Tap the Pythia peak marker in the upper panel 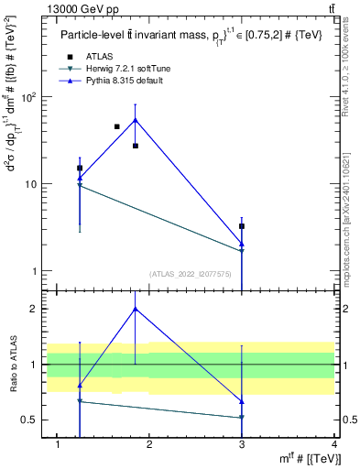[136, 120]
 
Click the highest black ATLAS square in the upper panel [116, 126]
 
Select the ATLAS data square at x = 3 [242, 225]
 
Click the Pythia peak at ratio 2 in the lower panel [136, 309]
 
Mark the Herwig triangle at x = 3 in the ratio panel [242, 418]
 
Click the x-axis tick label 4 [334, 444]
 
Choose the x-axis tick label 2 [149, 444]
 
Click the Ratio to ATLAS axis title [12, 366]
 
